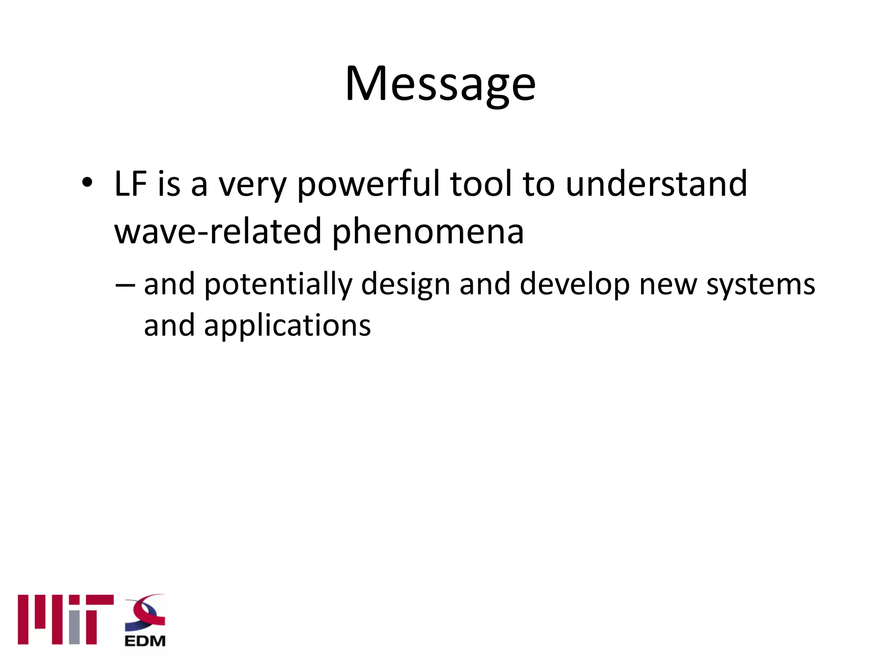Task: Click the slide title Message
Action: tap(440, 83)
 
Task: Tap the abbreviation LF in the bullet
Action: tap(131, 184)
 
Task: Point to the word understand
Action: tap(656, 184)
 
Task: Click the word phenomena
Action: tap(428, 232)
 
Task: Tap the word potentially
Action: tap(278, 285)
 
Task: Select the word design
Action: tap(405, 285)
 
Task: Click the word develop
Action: tap(575, 285)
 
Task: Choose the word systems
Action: tap(761, 286)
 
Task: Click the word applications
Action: tap(287, 326)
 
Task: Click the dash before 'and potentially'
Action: tap(125, 285)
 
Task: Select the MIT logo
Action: tap(65, 619)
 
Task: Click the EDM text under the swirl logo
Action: tap(145, 641)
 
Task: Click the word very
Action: tap(252, 185)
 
